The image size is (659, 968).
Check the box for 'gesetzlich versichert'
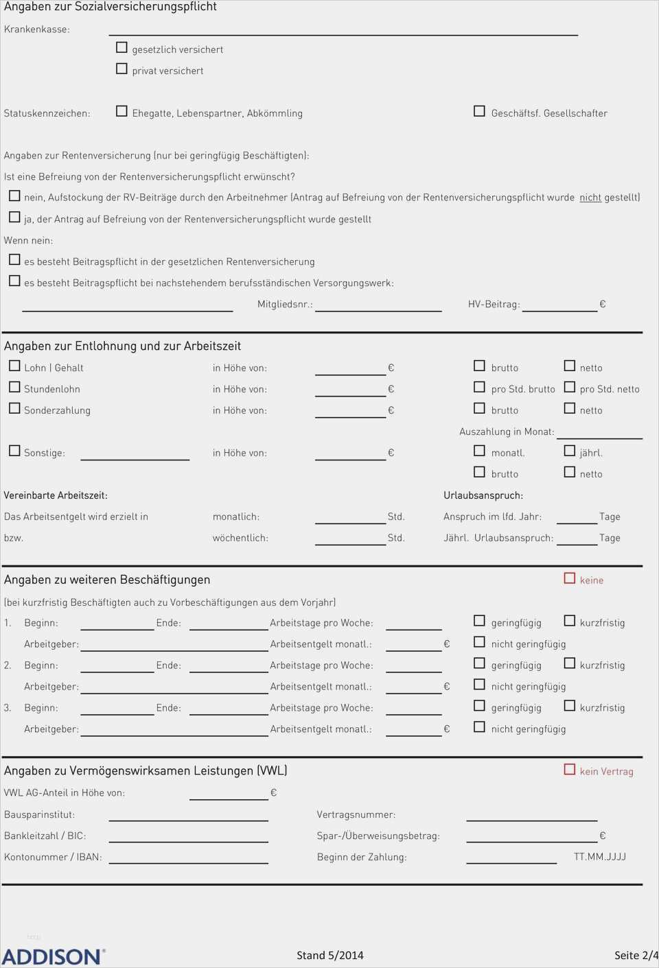[x=122, y=47]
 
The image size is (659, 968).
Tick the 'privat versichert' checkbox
[x=122, y=69]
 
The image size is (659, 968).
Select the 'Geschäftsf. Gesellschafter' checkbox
[x=479, y=111]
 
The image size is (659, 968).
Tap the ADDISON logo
[x=53, y=956]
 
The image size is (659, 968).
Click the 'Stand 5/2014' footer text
[x=330, y=955]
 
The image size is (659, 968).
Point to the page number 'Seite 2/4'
[x=636, y=955]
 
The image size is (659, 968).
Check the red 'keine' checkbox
[x=569, y=578]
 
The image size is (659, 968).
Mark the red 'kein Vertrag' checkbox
[x=569, y=770]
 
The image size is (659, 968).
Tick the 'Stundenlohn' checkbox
[x=14, y=387]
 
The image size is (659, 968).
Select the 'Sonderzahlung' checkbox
[x=14, y=408]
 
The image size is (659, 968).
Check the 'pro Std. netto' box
[x=569, y=387]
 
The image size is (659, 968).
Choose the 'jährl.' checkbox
[x=569, y=451]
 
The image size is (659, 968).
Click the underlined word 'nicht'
[x=590, y=198]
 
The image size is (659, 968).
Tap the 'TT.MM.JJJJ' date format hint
[x=600, y=857]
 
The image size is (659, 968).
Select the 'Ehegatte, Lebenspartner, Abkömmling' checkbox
[x=122, y=111]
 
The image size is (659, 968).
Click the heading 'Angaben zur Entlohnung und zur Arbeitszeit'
[x=122, y=346]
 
